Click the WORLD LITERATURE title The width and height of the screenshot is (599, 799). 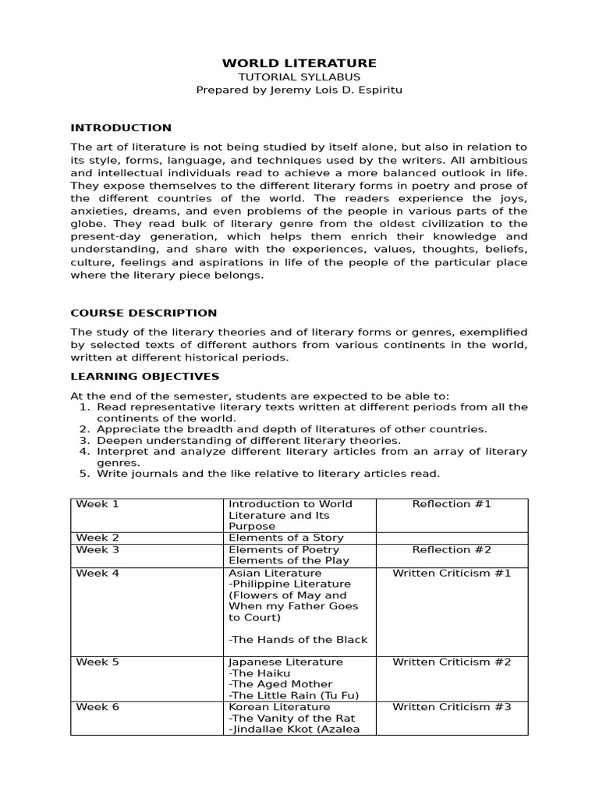[x=299, y=63]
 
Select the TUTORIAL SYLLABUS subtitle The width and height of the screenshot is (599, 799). [x=299, y=77]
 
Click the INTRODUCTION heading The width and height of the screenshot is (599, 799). [x=121, y=128]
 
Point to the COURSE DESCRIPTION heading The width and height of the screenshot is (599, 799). [x=144, y=313]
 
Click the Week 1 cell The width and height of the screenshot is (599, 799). [x=97, y=504]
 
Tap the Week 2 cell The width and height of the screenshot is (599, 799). [x=97, y=538]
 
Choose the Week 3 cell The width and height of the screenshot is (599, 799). [x=97, y=549]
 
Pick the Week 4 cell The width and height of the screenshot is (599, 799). [x=97, y=573]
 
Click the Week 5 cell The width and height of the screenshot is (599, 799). [x=97, y=662]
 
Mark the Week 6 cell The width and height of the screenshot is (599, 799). [x=97, y=707]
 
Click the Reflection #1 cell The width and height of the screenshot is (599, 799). [x=452, y=504]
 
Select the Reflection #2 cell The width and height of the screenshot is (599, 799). [x=452, y=549]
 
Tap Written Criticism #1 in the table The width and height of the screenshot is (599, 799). [x=452, y=573]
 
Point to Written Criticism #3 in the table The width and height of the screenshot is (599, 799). [x=452, y=707]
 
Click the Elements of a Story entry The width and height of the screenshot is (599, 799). [x=285, y=538]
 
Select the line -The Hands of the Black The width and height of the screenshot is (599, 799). [x=298, y=640]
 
